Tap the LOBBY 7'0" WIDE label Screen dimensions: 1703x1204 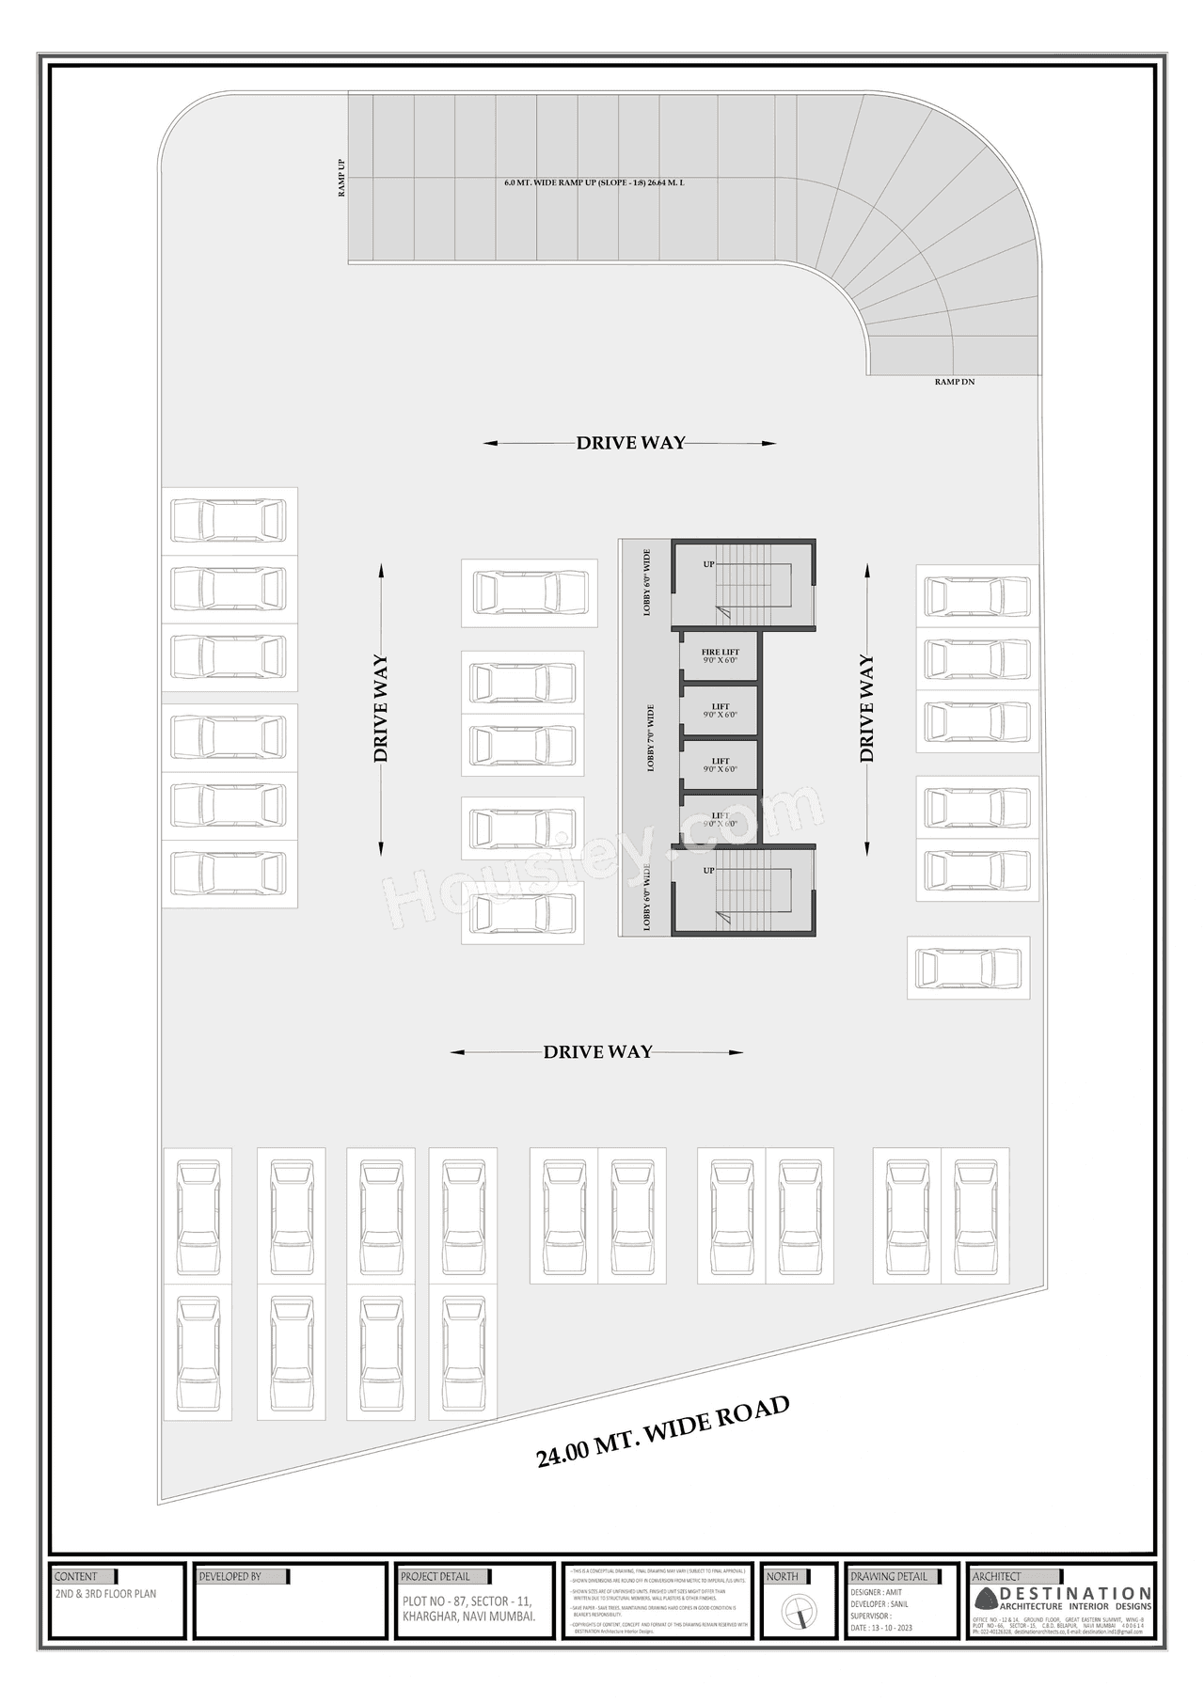click(650, 738)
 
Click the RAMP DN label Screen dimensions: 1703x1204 click(954, 382)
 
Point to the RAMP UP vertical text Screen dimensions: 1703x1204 click(341, 178)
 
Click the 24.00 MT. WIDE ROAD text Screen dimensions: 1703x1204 click(662, 1432)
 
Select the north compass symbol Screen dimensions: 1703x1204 click(797, 1615)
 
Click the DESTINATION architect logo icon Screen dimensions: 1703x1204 click(985, 1598)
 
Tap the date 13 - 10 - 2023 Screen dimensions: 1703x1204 click(880, 1628)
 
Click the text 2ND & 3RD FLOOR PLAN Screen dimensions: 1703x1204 click(105, 1594)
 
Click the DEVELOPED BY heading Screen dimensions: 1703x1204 click(230, 1576)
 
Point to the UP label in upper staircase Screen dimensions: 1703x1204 click(708, 564)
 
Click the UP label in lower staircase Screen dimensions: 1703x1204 click(708, 871)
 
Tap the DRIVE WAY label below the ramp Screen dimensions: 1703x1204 click(630, 443)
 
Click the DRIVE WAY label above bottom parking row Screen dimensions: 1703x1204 click(597, 1052)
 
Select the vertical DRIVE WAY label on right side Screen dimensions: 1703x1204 click(866, 708)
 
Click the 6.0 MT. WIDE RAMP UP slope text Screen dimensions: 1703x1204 click(594, 182)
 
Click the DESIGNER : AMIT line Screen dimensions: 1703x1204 click(875, 1592)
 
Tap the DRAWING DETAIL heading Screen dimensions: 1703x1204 click(888, 1576)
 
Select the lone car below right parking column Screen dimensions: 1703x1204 click(968, 968)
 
